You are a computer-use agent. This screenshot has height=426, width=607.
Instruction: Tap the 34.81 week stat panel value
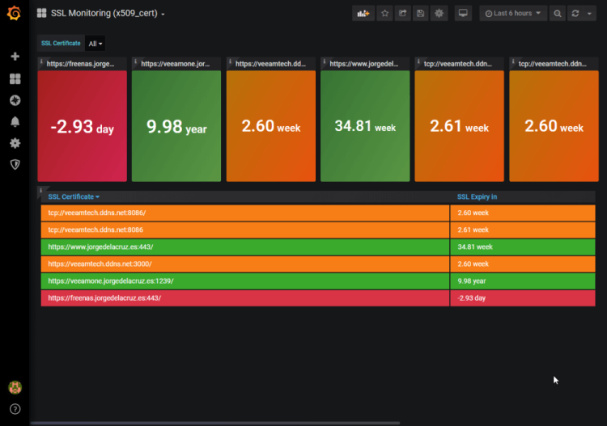(365, 127)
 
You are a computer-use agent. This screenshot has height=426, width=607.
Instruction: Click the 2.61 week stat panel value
(459, 127)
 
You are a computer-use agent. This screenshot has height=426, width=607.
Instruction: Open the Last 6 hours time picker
(513, 14)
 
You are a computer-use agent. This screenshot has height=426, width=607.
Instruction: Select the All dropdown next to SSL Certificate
(95, 44)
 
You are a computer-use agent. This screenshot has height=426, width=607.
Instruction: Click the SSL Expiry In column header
(477, 196)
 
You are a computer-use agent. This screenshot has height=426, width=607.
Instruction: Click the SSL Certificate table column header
(74, 196)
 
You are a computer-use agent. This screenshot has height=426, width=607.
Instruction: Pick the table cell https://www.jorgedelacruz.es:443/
(100, 247)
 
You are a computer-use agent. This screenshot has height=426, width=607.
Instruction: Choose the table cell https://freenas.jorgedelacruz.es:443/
(104, 298)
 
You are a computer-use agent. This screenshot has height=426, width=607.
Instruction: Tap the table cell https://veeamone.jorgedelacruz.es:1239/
(111, 281)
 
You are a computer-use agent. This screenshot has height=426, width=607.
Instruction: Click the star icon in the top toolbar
(384, 14)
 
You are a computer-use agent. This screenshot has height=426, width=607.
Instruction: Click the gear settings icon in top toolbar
(439, 14)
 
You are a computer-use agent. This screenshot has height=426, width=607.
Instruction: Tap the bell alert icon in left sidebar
(15, 122)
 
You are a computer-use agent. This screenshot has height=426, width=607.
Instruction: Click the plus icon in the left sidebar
(15, 57)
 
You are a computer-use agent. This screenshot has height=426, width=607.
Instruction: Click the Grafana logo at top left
(14, 13)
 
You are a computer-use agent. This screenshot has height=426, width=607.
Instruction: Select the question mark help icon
(15, 409)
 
